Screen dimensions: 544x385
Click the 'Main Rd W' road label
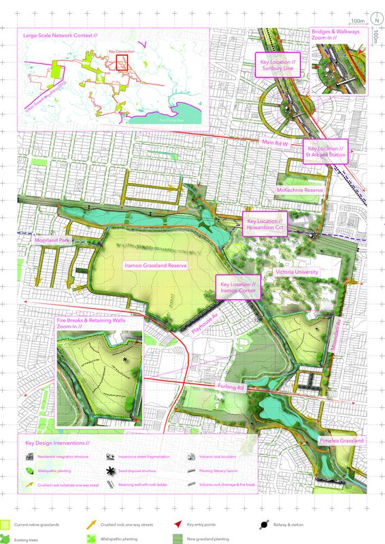tap(277, 142)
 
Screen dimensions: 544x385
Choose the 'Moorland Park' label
tap(52, 241)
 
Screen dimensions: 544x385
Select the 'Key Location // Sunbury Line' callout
tap(281, 65)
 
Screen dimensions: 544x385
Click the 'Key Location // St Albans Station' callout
tap(327, 152)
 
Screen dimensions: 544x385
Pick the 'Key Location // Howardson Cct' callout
tap(265, 226)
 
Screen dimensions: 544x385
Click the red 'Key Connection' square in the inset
tap(123, 63)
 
